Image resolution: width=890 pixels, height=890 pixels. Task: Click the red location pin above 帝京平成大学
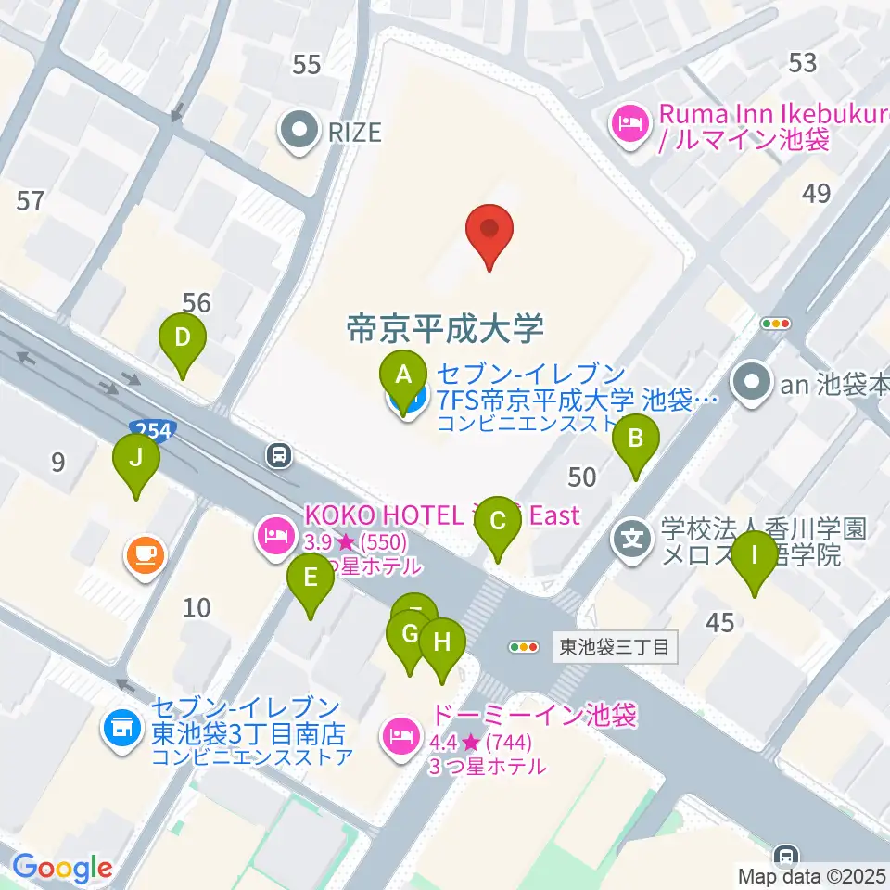point(489,232)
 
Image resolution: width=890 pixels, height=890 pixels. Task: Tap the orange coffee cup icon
point(146,556)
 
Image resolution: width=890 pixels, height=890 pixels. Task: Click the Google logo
point(62,868)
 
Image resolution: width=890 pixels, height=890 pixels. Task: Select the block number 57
point(31,199)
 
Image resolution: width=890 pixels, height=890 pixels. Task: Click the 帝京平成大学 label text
point(444,327)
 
